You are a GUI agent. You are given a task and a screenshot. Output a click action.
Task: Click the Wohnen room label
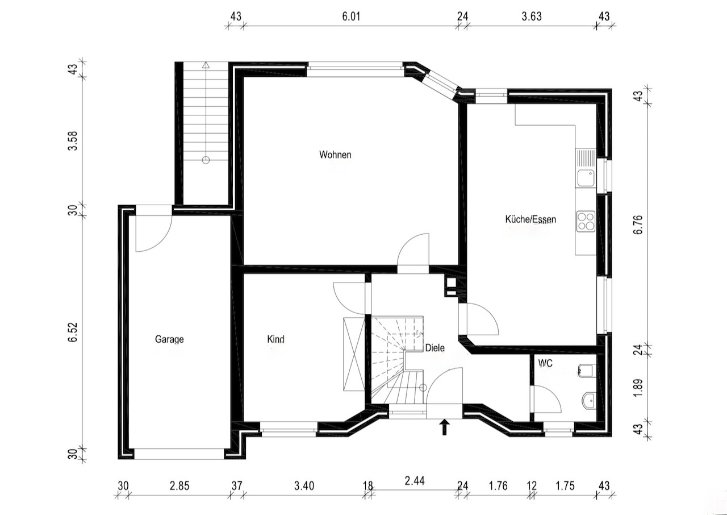point(335,155)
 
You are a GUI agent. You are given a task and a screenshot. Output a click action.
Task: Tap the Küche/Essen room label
point(530,219)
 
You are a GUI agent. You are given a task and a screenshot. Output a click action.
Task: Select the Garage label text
point(169,339)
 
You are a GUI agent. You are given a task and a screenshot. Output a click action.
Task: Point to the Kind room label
point(275,339)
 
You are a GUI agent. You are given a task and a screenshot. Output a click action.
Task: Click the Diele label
point(435,348)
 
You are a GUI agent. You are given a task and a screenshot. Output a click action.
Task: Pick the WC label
point(545,363)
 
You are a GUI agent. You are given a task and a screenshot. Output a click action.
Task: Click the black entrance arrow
point(444,427)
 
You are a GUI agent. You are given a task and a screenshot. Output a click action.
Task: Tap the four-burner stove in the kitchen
point(586,222)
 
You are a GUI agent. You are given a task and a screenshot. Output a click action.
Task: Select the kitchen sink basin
point(586,178)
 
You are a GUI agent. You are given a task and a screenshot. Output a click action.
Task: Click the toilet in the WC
point(587,371)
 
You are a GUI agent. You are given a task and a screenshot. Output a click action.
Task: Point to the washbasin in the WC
point(589,400)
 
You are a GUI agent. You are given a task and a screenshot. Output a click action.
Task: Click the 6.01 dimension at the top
point(351,16)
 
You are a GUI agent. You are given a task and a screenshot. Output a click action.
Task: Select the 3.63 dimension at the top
point(532,16)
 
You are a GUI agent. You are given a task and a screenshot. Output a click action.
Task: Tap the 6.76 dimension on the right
point(638,225)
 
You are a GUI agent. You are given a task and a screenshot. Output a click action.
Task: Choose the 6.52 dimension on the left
point(73,332)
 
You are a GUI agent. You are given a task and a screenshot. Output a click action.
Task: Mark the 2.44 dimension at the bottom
point(415,480)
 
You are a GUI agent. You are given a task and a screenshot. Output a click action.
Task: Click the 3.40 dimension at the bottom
point(304,486)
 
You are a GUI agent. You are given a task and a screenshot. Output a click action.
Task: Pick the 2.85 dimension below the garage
point(179,486)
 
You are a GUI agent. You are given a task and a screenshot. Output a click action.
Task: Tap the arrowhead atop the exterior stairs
point(206,65)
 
